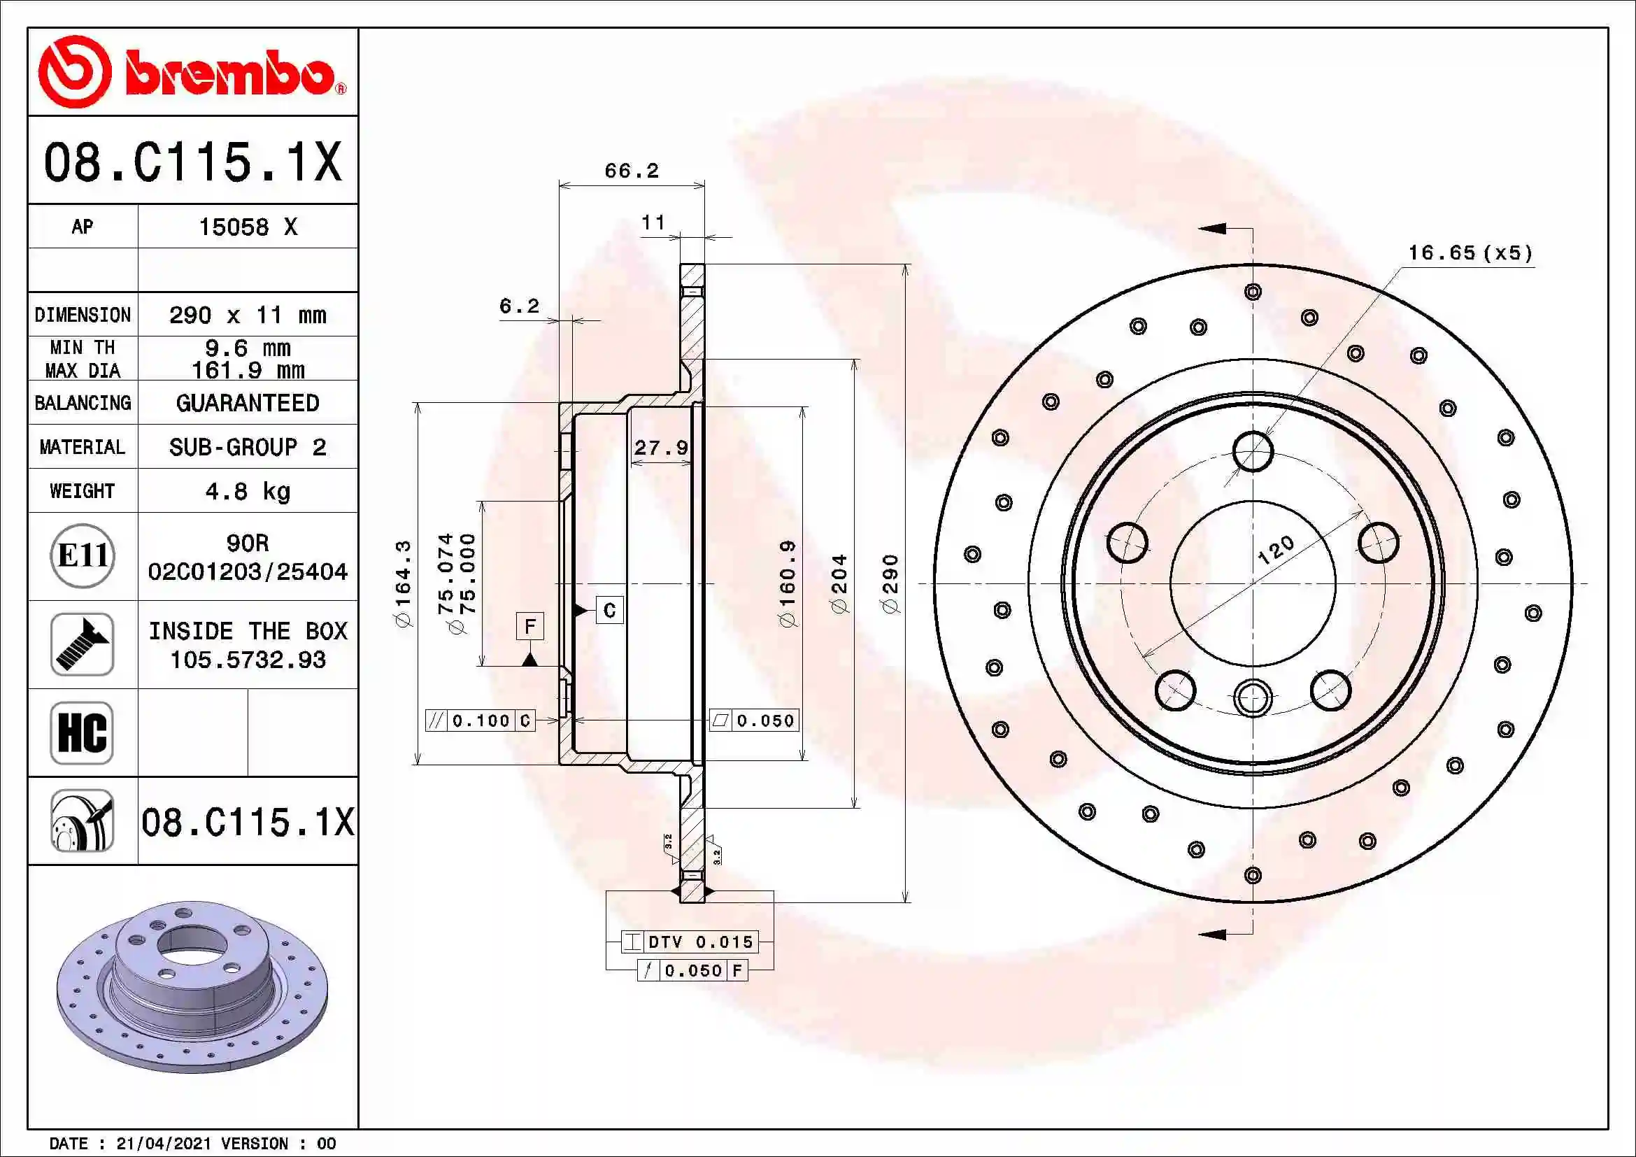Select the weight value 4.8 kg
pos(247,491)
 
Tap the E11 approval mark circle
pos(83,555)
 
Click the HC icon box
pos(82,732)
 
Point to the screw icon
pos(82,644)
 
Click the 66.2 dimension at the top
pos(632,171)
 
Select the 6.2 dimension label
pos(519,306)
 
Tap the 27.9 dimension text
pos(660,448)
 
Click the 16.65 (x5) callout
pos(1470,253)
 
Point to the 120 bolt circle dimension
pos(1275,550)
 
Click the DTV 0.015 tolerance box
pos(689,942)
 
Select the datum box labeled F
pos(529,626)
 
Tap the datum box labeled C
pos(609,610)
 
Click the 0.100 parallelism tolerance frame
pos(480,721)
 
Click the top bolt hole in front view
pos(1252,451)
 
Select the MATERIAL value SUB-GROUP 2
pos(247,447)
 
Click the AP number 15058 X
pos(247,227)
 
